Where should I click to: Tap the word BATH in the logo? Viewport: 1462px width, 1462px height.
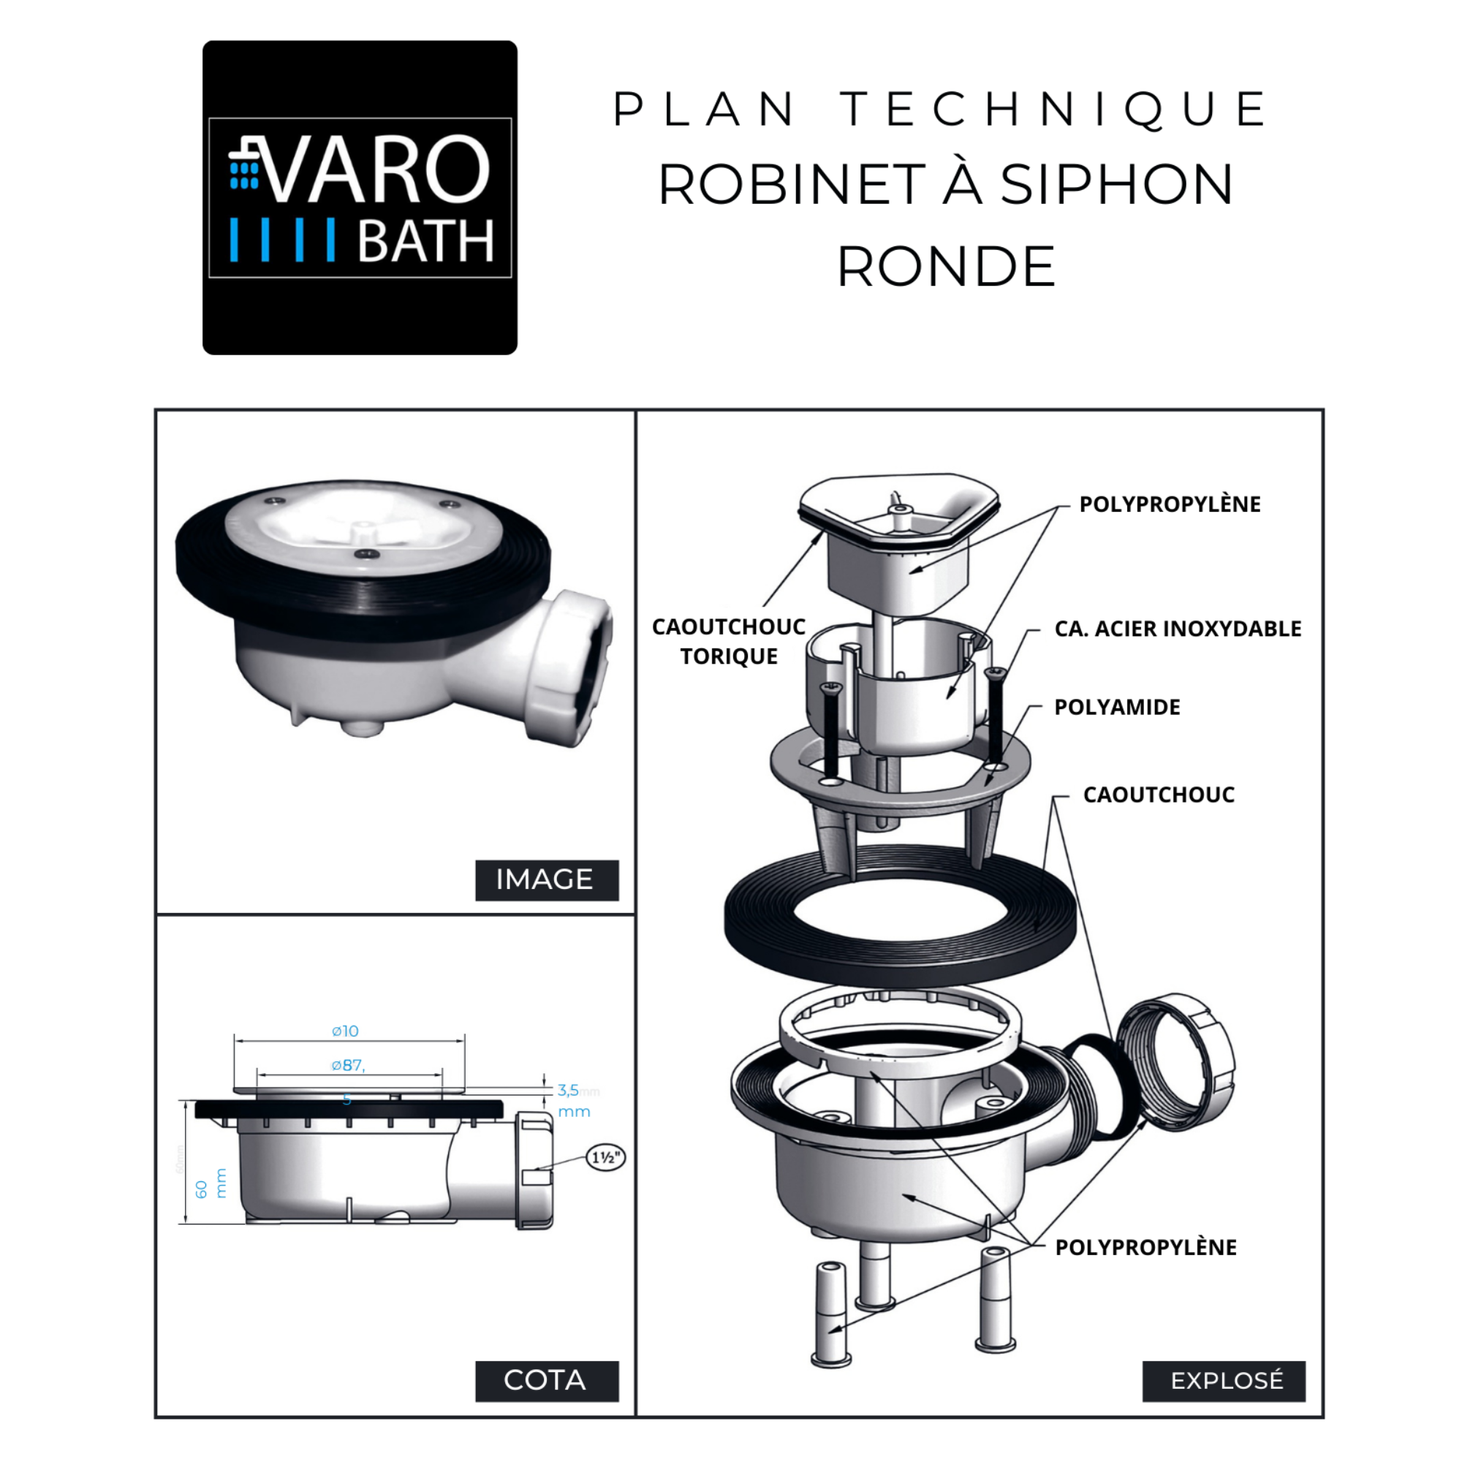(425, 241)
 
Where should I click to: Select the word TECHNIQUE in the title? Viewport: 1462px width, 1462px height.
(1055, 110)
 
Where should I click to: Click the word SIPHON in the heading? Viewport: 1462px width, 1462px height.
(1117, 186)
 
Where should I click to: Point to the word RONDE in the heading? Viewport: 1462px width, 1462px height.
(946, 267)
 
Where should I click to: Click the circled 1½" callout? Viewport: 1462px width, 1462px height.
(605, 1157)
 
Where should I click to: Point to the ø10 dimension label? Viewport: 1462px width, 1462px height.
(346, 1031)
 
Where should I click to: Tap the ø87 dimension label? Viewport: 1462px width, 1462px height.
(348, 1066)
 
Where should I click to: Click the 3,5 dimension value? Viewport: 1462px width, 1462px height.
(568, 1091)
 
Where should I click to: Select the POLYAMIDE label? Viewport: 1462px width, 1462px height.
(1117, 708)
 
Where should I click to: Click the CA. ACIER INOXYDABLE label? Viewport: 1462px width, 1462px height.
(1178, 629)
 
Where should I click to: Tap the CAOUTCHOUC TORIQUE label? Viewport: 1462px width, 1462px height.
(729, 642)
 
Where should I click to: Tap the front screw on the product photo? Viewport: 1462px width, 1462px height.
(368, 554)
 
